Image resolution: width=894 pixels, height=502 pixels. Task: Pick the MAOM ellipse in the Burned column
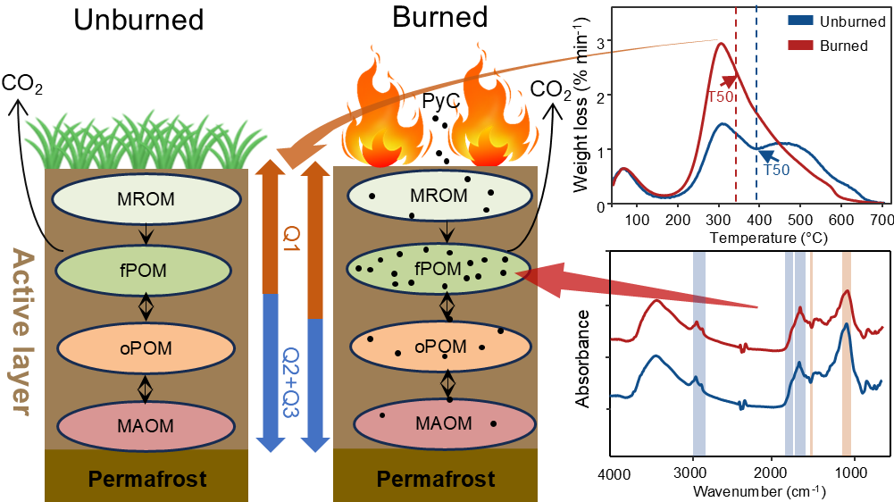440,423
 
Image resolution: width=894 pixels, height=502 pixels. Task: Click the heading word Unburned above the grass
138,21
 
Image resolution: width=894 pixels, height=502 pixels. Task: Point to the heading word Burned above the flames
440,17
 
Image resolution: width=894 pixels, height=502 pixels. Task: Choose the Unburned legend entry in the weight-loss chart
843,18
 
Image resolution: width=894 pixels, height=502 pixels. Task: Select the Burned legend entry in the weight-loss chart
842,46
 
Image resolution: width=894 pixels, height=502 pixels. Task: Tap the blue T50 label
775,171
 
